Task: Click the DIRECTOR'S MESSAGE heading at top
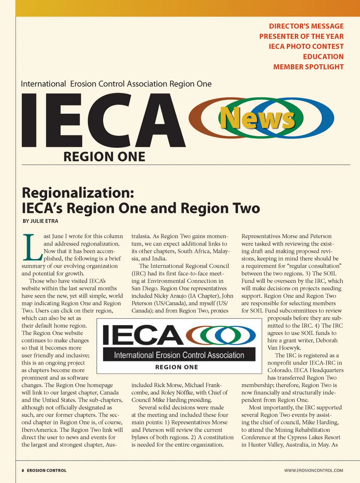(x=306, y=26)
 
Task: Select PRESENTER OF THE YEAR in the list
(x=301, y=36)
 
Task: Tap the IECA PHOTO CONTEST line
(x=306, y=46)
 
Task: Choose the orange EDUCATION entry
(x=323, y=57)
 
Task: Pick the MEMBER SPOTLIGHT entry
(x=308, y=67)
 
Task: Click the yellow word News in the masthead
(x=257, y=118)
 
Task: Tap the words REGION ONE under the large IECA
(x=104, y=157)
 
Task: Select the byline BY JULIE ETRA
(x=40, y=221)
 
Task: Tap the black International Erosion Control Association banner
(x=179, y=355)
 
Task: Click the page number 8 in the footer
(x=23, y=470)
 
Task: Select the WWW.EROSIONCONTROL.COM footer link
(x=313, y=470)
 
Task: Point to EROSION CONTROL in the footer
(x=46, y=470)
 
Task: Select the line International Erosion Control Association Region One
(x=116, y=84)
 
